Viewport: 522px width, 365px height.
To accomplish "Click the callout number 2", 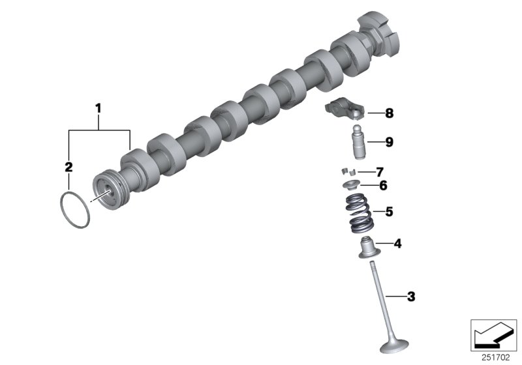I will [x=69, y=167].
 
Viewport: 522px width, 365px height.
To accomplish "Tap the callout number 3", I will [x=410, y=297].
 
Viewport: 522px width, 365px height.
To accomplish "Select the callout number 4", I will [x=397, y=244].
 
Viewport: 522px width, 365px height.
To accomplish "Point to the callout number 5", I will [x=389, y=212].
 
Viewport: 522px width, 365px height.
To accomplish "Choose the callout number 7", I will [x=379, y=172].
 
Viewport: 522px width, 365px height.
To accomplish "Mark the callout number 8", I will [x=389, y=113].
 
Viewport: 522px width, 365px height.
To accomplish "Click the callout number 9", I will [x=389, y=141].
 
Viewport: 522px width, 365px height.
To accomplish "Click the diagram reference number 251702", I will [x=498, y=357].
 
